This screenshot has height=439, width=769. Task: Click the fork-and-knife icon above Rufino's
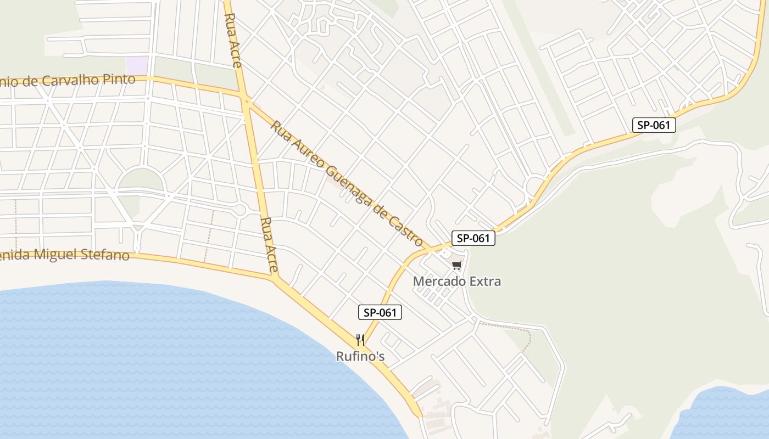[360, 340]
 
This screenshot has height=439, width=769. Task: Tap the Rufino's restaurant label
[360, 357]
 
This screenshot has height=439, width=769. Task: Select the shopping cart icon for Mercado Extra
[456, 266]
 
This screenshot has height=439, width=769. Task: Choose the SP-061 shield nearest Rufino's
[380, 313]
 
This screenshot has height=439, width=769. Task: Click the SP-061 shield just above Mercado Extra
[473, 238]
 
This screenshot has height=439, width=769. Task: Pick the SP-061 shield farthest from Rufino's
[654, 125]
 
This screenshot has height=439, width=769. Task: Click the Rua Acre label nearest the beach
[270, 245]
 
